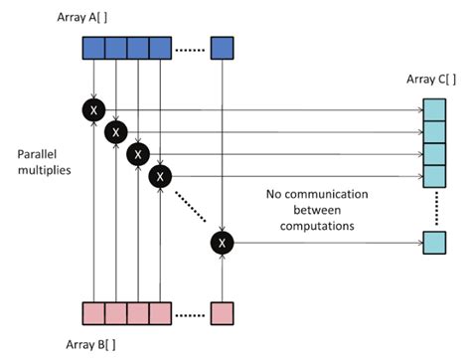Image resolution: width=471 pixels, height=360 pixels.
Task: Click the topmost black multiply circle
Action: tap(94, 109)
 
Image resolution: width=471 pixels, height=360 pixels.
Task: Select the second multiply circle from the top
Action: tap(116, 131)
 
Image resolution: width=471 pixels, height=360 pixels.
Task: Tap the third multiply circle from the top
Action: tap(138, 154)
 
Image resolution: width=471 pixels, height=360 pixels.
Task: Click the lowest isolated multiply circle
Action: tap(222, 242)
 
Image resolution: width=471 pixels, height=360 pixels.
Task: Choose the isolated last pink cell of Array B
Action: tap(223, 312)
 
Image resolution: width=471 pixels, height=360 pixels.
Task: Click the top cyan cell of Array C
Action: tap(434, 108)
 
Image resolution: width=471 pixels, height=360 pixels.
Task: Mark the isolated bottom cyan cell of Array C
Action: tap(434, 242)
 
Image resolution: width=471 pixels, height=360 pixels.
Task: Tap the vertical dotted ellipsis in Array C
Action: tap(434, 210)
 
